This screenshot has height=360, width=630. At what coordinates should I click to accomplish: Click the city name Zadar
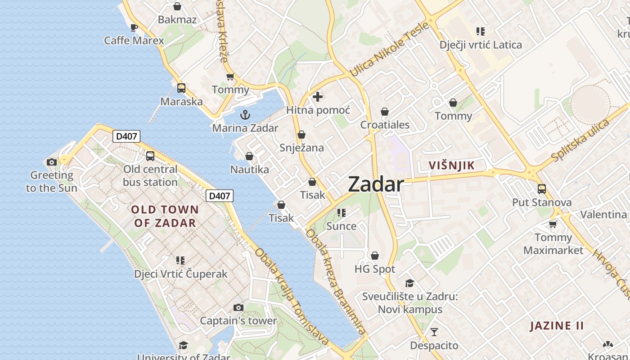[x=376, y=184]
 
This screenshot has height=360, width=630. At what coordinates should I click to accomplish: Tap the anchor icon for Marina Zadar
[x=245, y=115]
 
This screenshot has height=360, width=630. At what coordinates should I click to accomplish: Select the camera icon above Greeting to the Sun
[x=52, y=162]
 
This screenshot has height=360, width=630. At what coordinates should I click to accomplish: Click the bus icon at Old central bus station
[x=150, y=156]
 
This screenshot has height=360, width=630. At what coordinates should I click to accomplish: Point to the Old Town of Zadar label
[x=165, y=216]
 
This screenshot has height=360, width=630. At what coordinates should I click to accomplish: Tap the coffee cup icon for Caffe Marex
[x=134, y=27]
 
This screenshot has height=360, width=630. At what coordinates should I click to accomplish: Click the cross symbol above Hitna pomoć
[x=318, y=97]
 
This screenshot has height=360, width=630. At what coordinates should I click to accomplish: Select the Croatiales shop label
[x=385, y=125]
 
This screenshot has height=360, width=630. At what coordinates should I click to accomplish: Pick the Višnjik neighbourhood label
[x=451, y=165]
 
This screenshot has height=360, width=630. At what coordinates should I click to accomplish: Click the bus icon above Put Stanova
[x=542, y=189]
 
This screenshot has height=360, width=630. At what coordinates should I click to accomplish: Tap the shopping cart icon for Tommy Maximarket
[x=553, y=224]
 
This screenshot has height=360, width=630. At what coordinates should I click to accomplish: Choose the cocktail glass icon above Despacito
[x=434, y=332]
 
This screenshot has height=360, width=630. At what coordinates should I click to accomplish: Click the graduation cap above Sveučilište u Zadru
[x=409, y=283]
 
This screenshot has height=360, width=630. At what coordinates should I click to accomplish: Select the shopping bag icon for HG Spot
[x=375, y=256]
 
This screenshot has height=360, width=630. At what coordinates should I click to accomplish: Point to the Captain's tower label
[x=238, y=321]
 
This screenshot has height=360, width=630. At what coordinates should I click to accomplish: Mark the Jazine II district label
[x=557, y=326]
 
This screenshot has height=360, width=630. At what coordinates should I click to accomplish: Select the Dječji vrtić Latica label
[x=481, y=45]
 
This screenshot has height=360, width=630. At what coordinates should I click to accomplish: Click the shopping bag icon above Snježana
[x=301, y=135]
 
